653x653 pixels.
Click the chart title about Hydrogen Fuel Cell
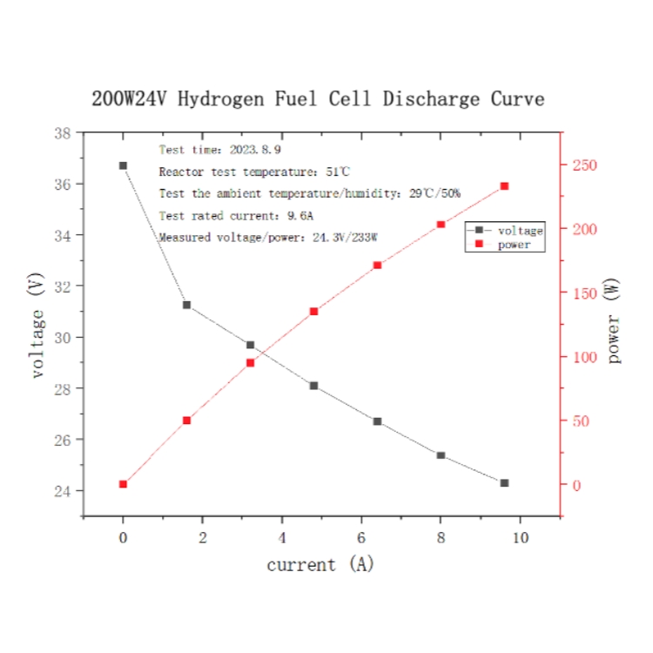pyautogui.click(x=318, y=98)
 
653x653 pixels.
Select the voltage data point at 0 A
pyautogui.click(x=123, y=165)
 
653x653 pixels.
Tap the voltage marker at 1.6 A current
pyautogui.click(x=186, y=305)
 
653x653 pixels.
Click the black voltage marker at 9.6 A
pyautogui.click(x=504, y=482)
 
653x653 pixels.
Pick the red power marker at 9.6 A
pyautogui.click(x=504, y=186)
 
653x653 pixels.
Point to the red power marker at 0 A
pyautogui.click(x=123, y=484)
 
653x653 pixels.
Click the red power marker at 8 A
pyautogui.click(x=441, y=225)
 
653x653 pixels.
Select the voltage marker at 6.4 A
pyautogui.click(x=377, y=421)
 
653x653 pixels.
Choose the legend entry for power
pyautogui.click(x=514, y=246)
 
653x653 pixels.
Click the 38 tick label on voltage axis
pyautogui.click(x=62, y=133)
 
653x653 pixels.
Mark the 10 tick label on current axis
pyautogui.click(x=520, y=538)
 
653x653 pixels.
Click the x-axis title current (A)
pyautogui.click(x=320, y=564)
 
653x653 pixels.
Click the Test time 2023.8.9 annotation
pyautogui.click(x=207, y=150)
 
